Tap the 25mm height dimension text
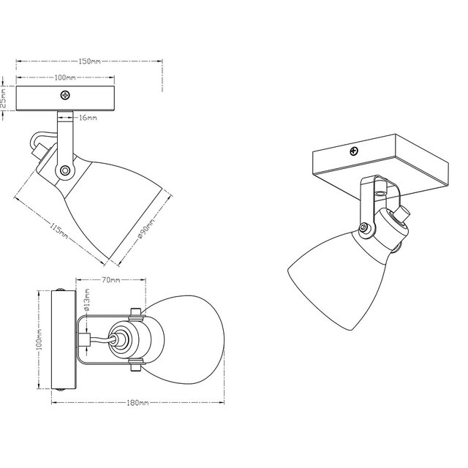(x=4, y=98)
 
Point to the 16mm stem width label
(x=87, y=116)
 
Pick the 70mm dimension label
(x=111, y=280)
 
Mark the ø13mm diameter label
(x=86, y=302)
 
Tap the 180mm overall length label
(x=137, y=404)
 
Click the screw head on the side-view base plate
(x=66, y=95)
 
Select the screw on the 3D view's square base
(x=354, y=151)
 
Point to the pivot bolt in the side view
(x=66, y=170)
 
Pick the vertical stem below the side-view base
(x=64, y=135)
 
